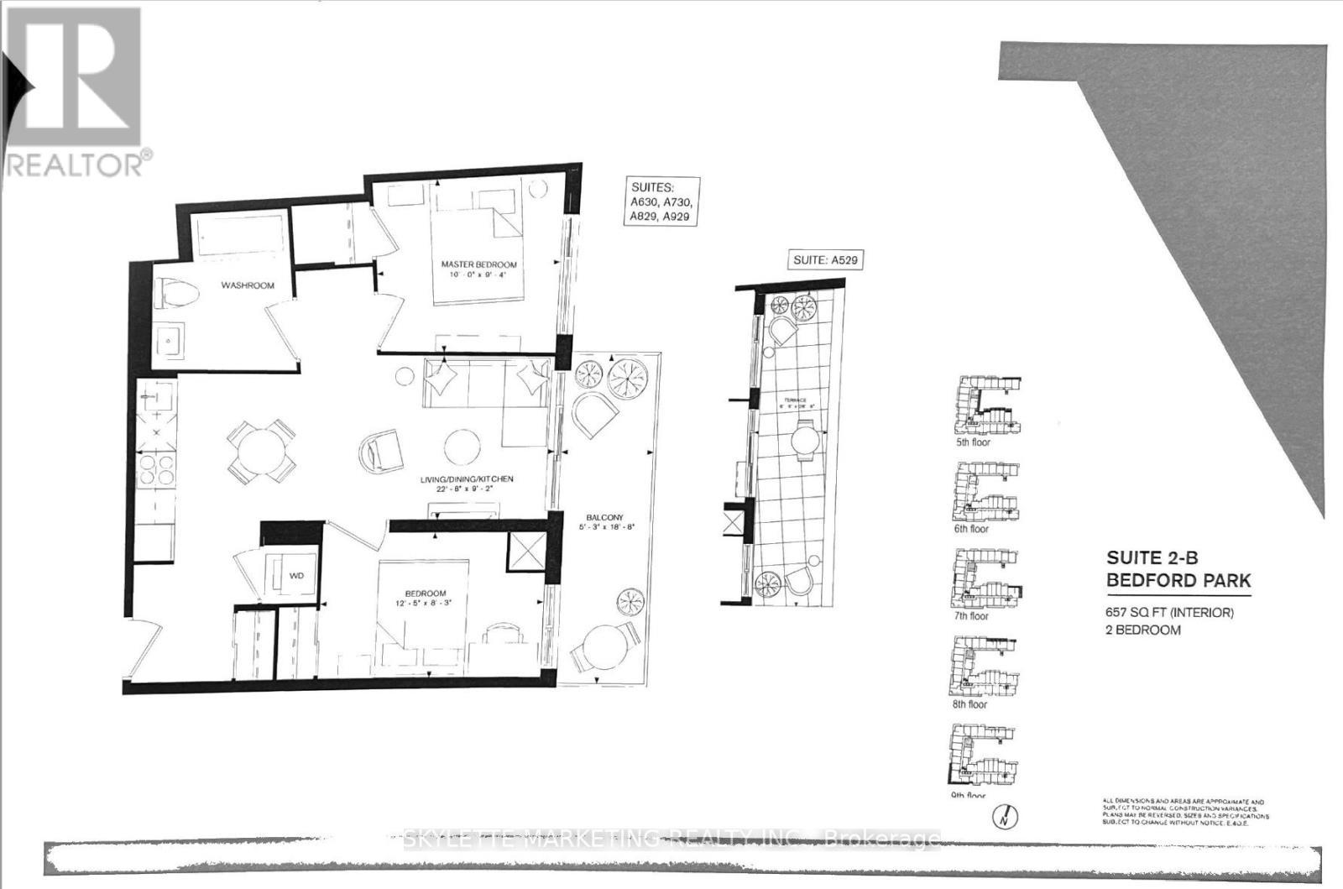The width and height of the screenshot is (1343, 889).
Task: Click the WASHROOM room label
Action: click(248, 285)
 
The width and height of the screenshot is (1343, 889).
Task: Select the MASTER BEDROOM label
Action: click(478, 265)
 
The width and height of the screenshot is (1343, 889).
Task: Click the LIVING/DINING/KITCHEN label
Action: click(467, 479)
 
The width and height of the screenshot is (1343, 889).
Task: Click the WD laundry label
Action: click(295, 576)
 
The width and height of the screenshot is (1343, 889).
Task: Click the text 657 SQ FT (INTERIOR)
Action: click(1169, 613)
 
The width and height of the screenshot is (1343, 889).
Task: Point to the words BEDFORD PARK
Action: click(1178, 580)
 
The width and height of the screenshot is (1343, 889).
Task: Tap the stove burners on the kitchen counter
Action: click(156, 470)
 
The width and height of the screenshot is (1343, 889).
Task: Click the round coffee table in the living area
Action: click(462, 447)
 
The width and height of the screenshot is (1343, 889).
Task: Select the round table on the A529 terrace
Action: click(804, 440)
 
